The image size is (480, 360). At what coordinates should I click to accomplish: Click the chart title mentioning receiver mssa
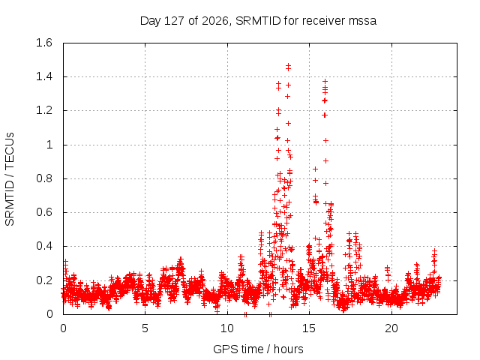tap(258, 21)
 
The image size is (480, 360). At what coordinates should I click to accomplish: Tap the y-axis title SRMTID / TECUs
tap(10, 179)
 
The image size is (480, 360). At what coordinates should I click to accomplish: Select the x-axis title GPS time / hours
tap(258, 349)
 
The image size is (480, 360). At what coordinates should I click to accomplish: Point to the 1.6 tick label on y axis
tap(44, 43)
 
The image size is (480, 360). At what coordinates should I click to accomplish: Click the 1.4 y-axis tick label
tap(44, 76)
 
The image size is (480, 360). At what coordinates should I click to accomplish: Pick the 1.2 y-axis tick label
tap(44, 110)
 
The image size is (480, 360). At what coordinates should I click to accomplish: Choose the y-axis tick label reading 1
tap(49, 145)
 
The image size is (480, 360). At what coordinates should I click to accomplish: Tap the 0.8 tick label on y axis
tap(44, 178)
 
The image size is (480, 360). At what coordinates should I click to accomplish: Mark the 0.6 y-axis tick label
tap(44, 212)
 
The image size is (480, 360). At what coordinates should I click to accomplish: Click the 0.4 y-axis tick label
tap(44, 246)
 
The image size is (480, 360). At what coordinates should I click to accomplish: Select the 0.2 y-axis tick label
tap(44, 280)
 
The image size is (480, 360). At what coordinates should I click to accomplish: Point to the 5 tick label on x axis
tap(145, 328)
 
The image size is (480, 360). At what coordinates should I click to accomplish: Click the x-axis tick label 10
tap(227, 328)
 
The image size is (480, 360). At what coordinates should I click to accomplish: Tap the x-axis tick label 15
tap(309, 328)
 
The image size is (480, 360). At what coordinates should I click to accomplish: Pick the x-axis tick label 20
tap(391, 328)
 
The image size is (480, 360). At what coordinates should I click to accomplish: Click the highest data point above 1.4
tap(288, 65)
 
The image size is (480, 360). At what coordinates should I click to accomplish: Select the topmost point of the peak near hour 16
tap(325, 81)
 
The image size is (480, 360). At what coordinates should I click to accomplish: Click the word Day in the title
tap(150, 21)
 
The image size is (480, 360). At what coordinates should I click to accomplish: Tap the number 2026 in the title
tap(216, 21)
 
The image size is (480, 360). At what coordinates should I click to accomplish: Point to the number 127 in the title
tap(174, 21)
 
